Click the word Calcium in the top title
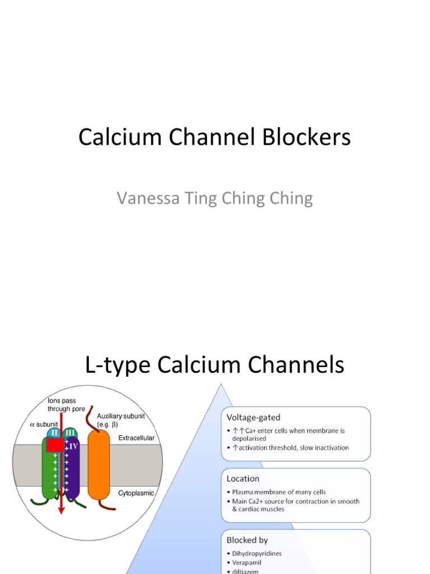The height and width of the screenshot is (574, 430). [111, 137]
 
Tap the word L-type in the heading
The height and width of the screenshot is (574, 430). [118, 365]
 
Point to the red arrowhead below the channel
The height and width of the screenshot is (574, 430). [61, 510]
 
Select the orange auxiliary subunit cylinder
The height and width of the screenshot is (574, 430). [99, 465]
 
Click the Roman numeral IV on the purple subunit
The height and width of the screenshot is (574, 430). [73, 447]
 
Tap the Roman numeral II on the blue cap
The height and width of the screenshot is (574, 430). [53, 432]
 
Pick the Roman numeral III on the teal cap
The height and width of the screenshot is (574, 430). [69, 432]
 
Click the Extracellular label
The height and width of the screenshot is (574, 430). [137, 438]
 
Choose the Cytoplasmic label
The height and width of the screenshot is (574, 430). [136, 493]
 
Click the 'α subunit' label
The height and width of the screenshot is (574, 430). [43, 424]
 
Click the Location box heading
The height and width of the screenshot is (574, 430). [242, 479]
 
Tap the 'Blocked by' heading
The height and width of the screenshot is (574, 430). [247, 540]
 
